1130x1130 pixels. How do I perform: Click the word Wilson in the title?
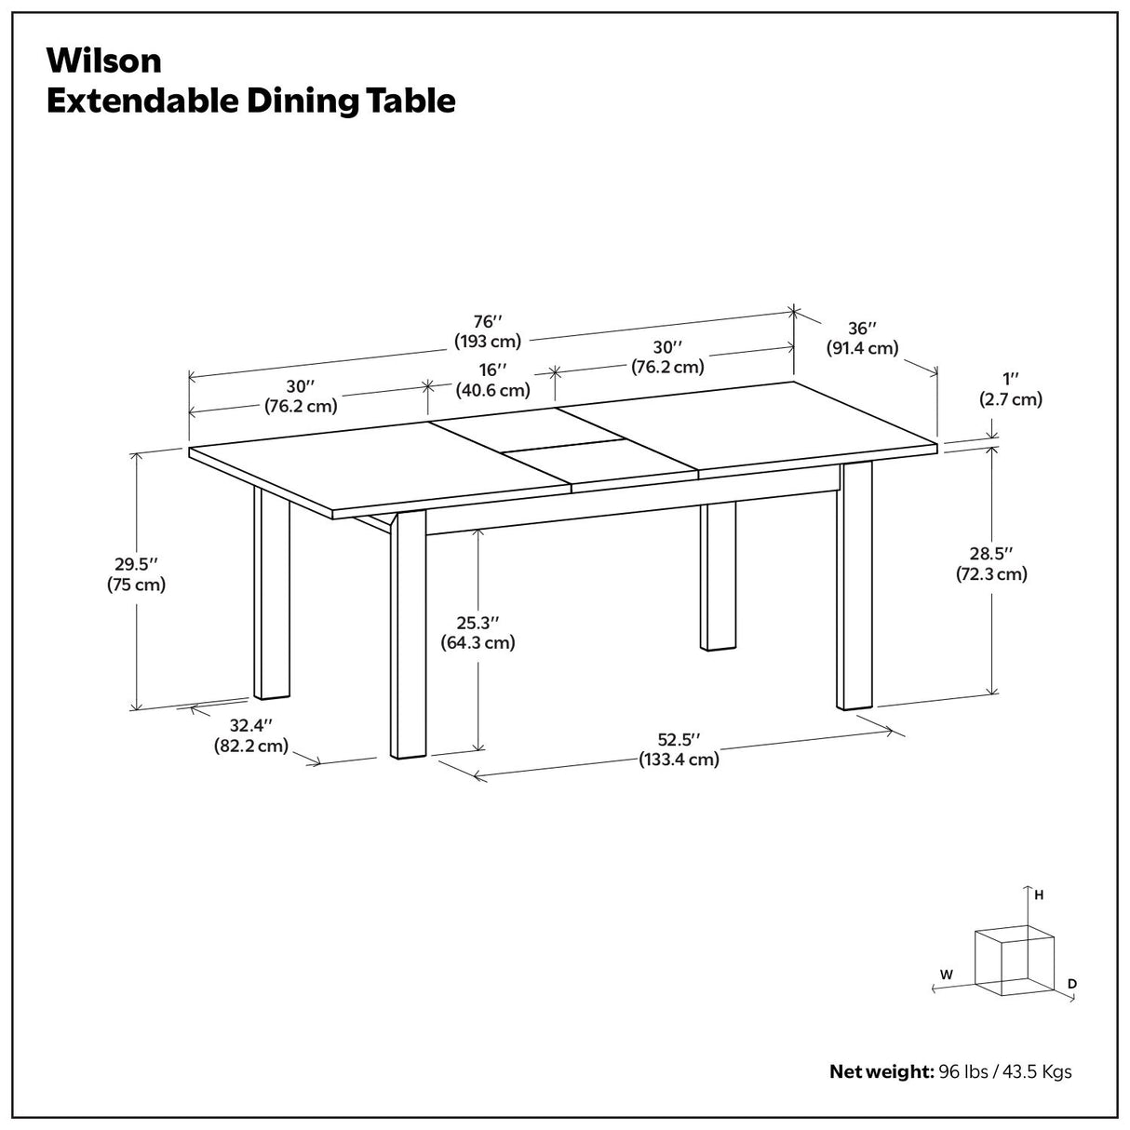click(x=103, y=61)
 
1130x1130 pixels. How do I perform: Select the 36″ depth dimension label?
click(x=862, y=329)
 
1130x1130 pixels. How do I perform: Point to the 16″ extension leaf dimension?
click(x=492, y=370)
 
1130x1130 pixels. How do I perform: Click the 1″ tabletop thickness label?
click(x=1010, y=380)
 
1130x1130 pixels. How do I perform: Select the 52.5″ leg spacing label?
click(x=679, y=740)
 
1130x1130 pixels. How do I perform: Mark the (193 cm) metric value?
click(x=488, y=341)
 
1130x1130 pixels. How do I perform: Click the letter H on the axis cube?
click(x=1039, y=895)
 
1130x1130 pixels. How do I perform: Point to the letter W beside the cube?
click(x=946, y=975)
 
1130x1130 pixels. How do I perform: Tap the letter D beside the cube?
click(x=1072, y=983)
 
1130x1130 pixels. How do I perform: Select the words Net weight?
click(x=881, y=1071)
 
